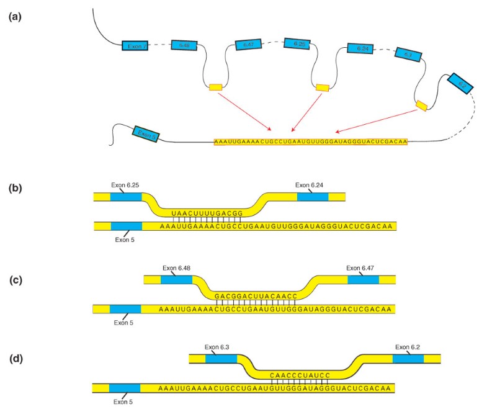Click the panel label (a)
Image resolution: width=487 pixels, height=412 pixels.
click(x=14, y=17)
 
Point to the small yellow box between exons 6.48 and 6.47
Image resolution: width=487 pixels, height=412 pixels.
click(x=215, y=87)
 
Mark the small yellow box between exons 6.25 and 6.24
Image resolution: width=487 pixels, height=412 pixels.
click(x=323, y=87)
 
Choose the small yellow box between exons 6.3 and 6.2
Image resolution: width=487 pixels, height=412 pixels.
click(x=421, y=106)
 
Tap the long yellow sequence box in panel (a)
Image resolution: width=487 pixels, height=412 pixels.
click(x=310, y=142)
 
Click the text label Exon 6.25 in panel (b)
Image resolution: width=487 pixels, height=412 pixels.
click(x=127, y=184)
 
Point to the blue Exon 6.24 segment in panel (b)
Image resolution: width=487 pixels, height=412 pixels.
click(x=313, y=197)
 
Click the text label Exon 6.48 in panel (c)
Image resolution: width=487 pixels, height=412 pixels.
click(x=177, y=268)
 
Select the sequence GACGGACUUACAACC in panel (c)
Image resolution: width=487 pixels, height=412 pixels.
click(x=256, y=296)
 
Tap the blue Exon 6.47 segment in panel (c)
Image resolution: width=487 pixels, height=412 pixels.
click(x=363, y=280)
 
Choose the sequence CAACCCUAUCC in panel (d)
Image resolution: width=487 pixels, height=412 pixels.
click(x=297, y=375)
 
